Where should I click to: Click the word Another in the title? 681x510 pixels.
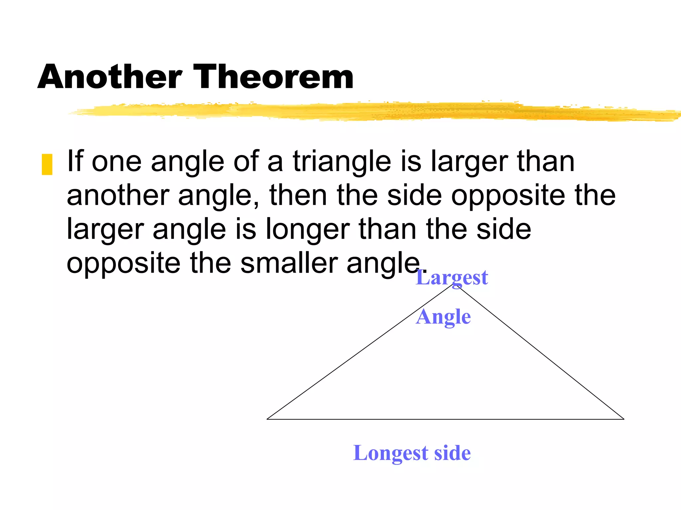pyautogui.click(x=110, y=77)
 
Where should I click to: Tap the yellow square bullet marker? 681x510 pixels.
pyautogui.click(x=47, y=164)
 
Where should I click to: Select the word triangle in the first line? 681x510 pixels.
pyautogui.click(x=342, y=162)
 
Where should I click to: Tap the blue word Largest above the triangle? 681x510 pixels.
pyautogui.click(x=452, y=278)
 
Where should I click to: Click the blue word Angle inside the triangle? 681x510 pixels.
pyautogui.click(x=443, y=317)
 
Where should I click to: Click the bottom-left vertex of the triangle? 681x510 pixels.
pyautogui.click(x=267, y=419)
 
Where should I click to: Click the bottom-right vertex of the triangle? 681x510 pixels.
pyautogui.click(x=624, y=419)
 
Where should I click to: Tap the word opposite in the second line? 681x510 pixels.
pyautogui.click(x=508, y=196)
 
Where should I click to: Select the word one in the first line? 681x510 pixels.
pyautogui.click(x=116, y=162)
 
